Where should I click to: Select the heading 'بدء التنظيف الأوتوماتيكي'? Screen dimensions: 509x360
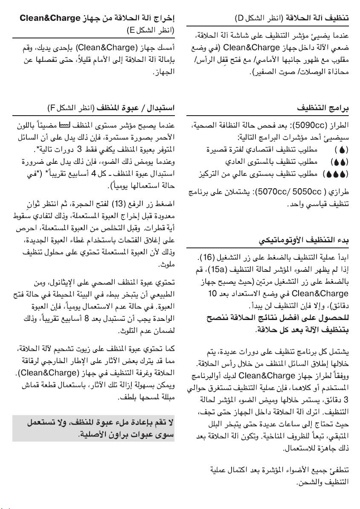click(x=304, y=241)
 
